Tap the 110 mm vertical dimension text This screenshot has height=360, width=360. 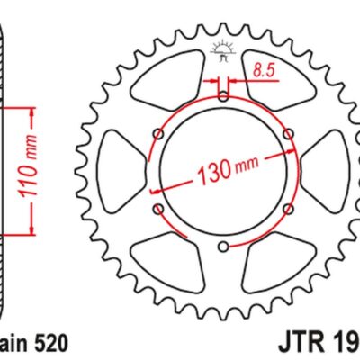click(x=30, y=170)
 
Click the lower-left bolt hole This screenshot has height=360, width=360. click(x=158, y=208)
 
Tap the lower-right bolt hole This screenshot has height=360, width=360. click(x=287, y=208)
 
